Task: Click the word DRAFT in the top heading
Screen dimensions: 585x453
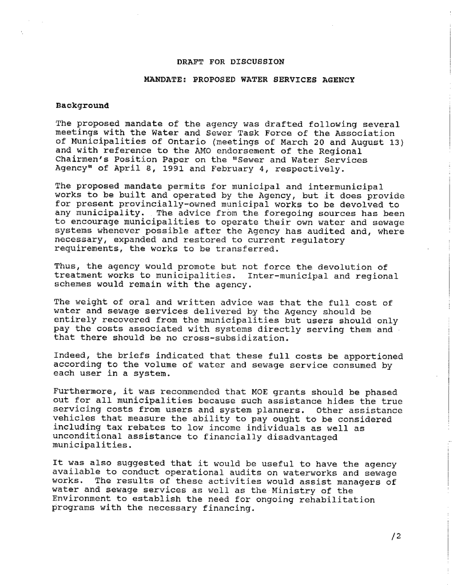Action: pos(189,61)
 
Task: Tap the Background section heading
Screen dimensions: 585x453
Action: pos(82,106)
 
